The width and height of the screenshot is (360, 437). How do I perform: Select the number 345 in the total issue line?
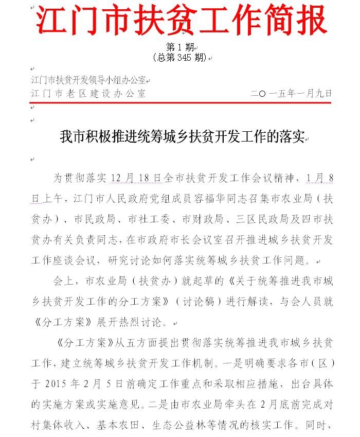coord(184,57)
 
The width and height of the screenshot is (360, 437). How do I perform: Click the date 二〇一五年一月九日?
coord(291,94)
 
